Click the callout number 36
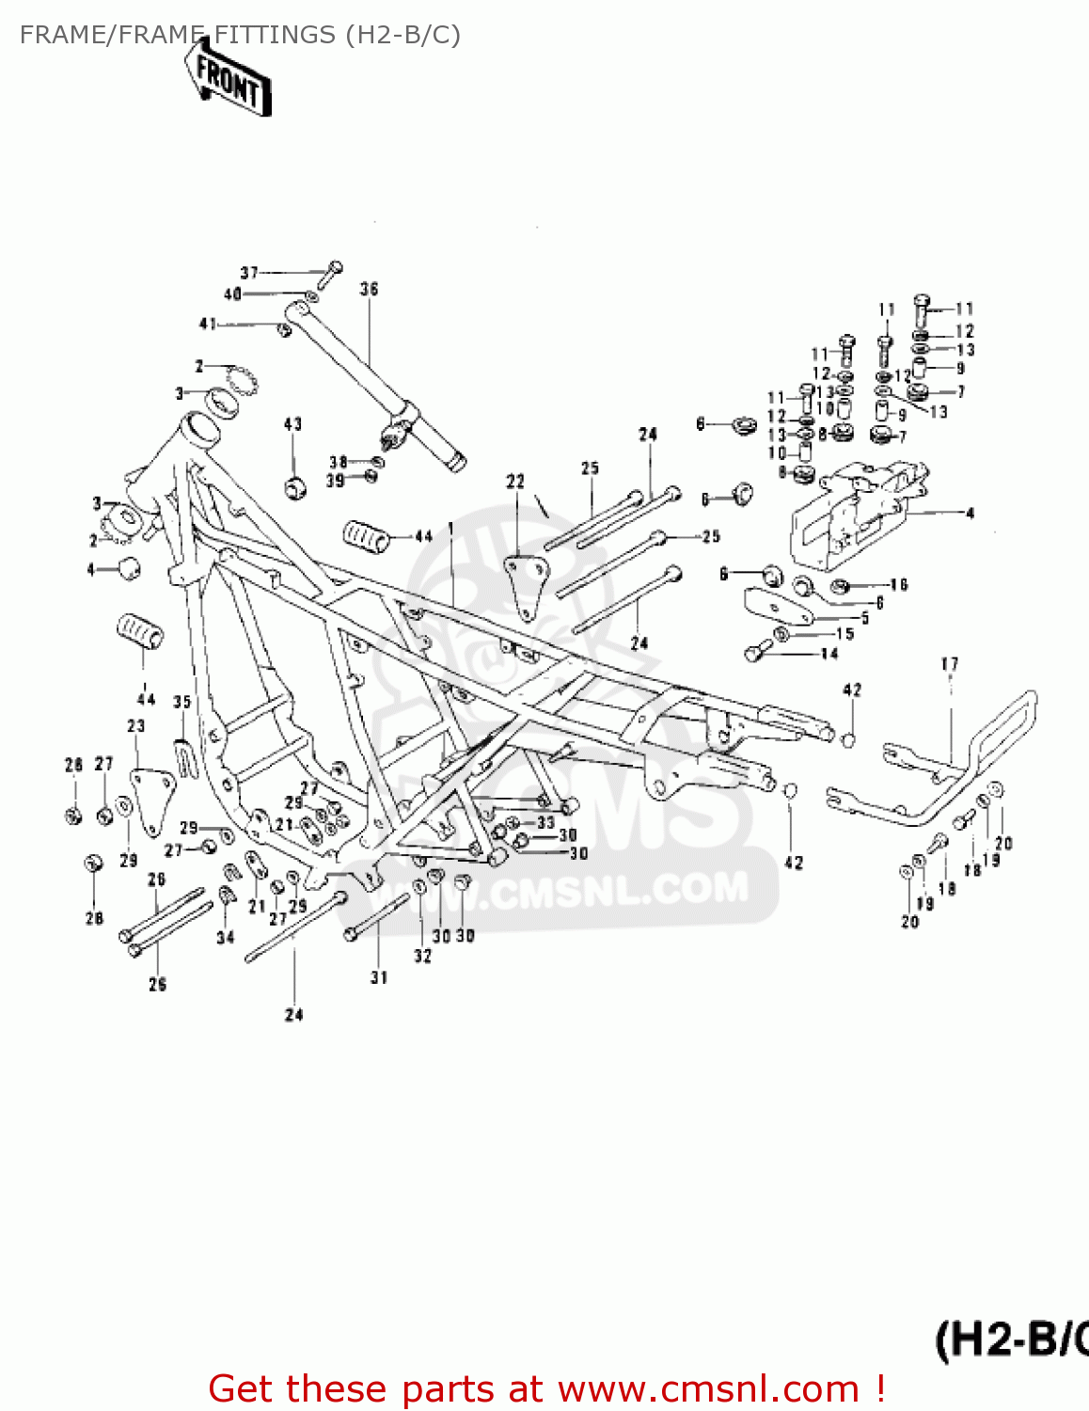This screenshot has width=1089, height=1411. pos(369,289)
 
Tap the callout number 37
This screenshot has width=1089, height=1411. pos(249,273)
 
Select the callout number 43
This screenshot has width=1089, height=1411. pos(292,424)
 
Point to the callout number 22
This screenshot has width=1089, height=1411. pos(515,482)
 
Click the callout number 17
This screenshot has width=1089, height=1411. pos(950,664)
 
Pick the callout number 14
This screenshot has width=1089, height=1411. pos(829,654)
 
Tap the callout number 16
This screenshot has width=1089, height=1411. pos(898,585)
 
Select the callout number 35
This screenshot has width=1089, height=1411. pos(182,702)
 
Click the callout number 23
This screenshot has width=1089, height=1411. pos(136,726)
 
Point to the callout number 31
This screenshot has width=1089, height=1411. pos(379,977)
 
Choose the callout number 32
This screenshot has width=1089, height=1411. pos(423,956)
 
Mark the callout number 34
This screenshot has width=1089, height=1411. pos(226,937)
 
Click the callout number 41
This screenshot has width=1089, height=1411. pos(208,324)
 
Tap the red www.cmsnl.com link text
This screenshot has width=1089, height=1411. pos(708,1388)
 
